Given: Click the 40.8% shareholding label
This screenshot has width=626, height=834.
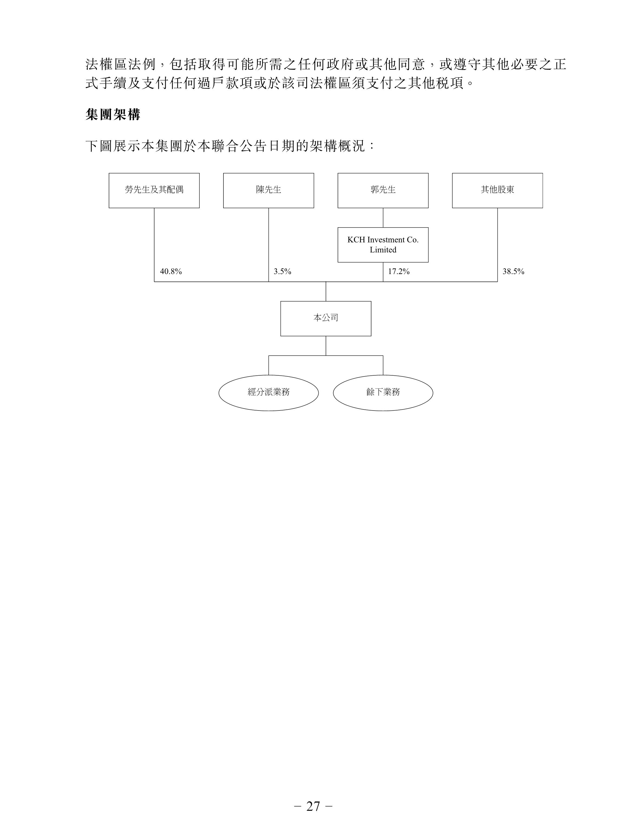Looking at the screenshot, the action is coord(171,271).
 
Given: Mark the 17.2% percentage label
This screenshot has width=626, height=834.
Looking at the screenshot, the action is coord(399,271).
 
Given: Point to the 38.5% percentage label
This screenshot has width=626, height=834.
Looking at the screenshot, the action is coord(513,271).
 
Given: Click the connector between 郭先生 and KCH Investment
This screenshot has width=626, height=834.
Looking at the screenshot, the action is coord(383,218).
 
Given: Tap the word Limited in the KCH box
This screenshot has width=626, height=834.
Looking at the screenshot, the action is coord(383,250).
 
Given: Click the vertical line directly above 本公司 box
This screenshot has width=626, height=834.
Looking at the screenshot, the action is coord(326,291).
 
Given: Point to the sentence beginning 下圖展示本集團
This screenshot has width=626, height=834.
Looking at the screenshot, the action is coord(230,146).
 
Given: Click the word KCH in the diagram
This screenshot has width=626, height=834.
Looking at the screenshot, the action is coord(356,240).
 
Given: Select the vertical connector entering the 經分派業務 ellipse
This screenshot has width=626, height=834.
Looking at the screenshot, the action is coord(269,365).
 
